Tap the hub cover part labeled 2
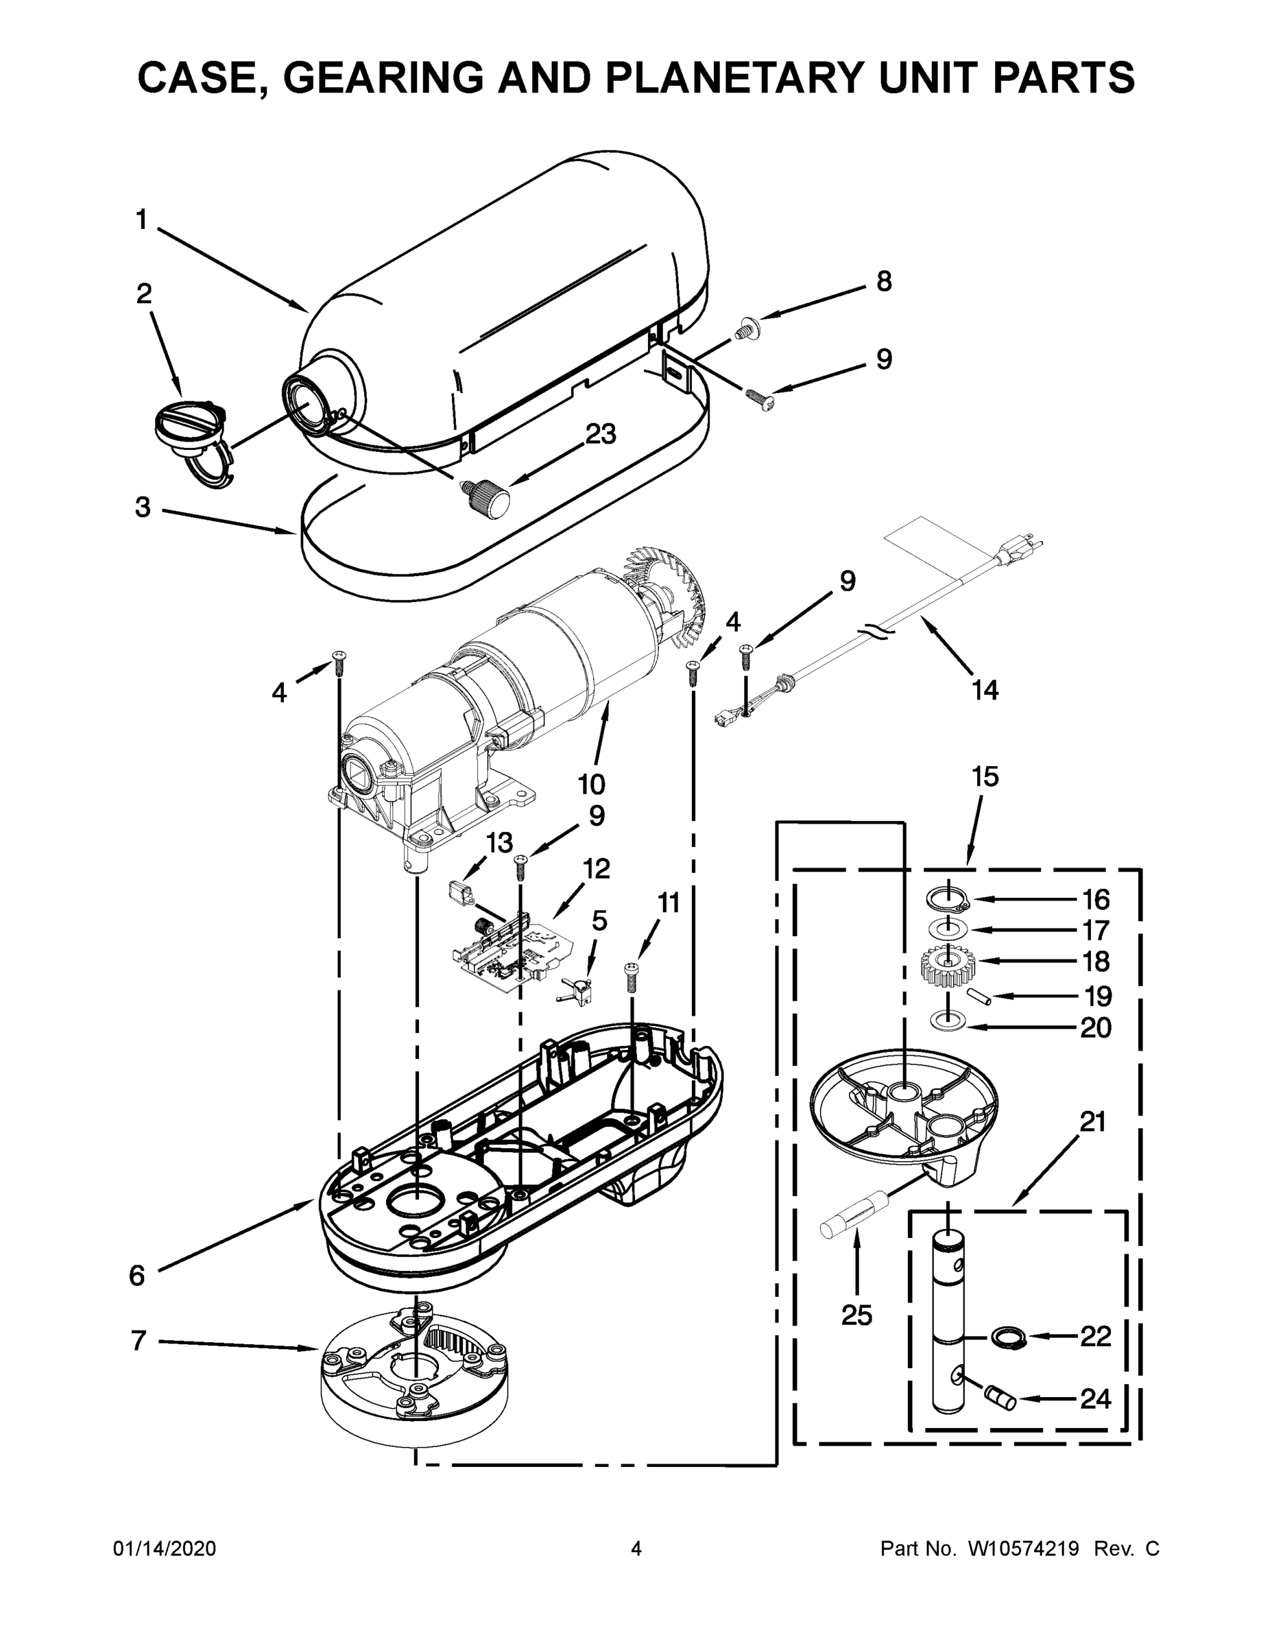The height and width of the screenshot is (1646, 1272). pos(190,431)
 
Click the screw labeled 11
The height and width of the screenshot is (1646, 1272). pos(632,977)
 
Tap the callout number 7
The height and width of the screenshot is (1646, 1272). pos(138,1341)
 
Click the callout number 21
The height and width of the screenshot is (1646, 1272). pos(1092,1143)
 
